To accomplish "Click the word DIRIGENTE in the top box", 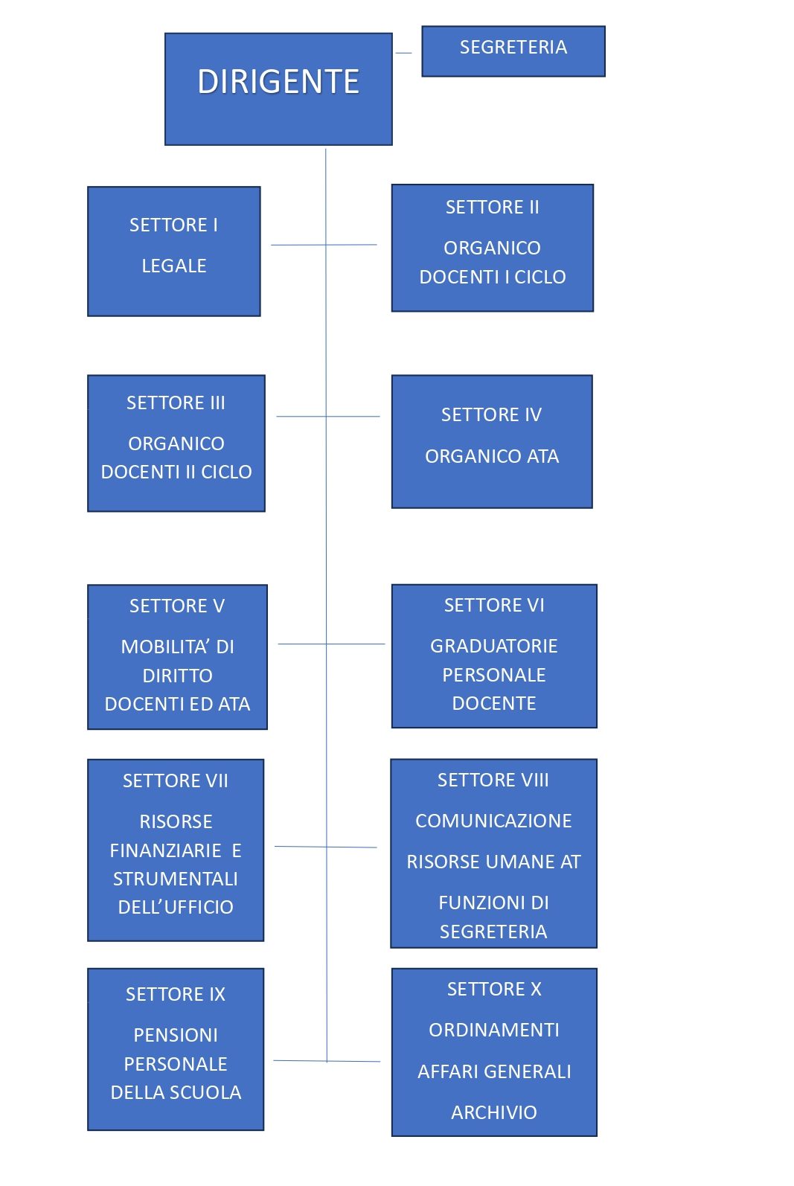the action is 278,82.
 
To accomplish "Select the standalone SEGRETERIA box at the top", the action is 513,51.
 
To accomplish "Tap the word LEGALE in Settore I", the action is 173,266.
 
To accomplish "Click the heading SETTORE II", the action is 492,207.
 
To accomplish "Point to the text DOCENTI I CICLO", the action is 493,277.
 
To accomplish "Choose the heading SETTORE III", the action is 176,403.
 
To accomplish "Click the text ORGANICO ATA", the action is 492,456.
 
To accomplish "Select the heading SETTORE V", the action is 177,606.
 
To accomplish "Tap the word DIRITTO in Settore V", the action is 177,676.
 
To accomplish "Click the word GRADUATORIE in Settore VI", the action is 493,646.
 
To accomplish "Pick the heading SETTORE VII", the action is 176,780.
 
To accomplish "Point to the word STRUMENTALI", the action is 176,879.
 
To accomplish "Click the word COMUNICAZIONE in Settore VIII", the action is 493,821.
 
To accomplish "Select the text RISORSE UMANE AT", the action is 493,862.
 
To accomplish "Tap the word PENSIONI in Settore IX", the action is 176,1034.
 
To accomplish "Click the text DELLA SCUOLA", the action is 176,1092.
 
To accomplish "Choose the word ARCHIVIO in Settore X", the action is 493,1112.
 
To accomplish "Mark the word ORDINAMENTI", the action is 493,1030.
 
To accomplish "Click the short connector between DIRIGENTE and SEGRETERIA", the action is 403,53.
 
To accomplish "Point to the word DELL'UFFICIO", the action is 176,907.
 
